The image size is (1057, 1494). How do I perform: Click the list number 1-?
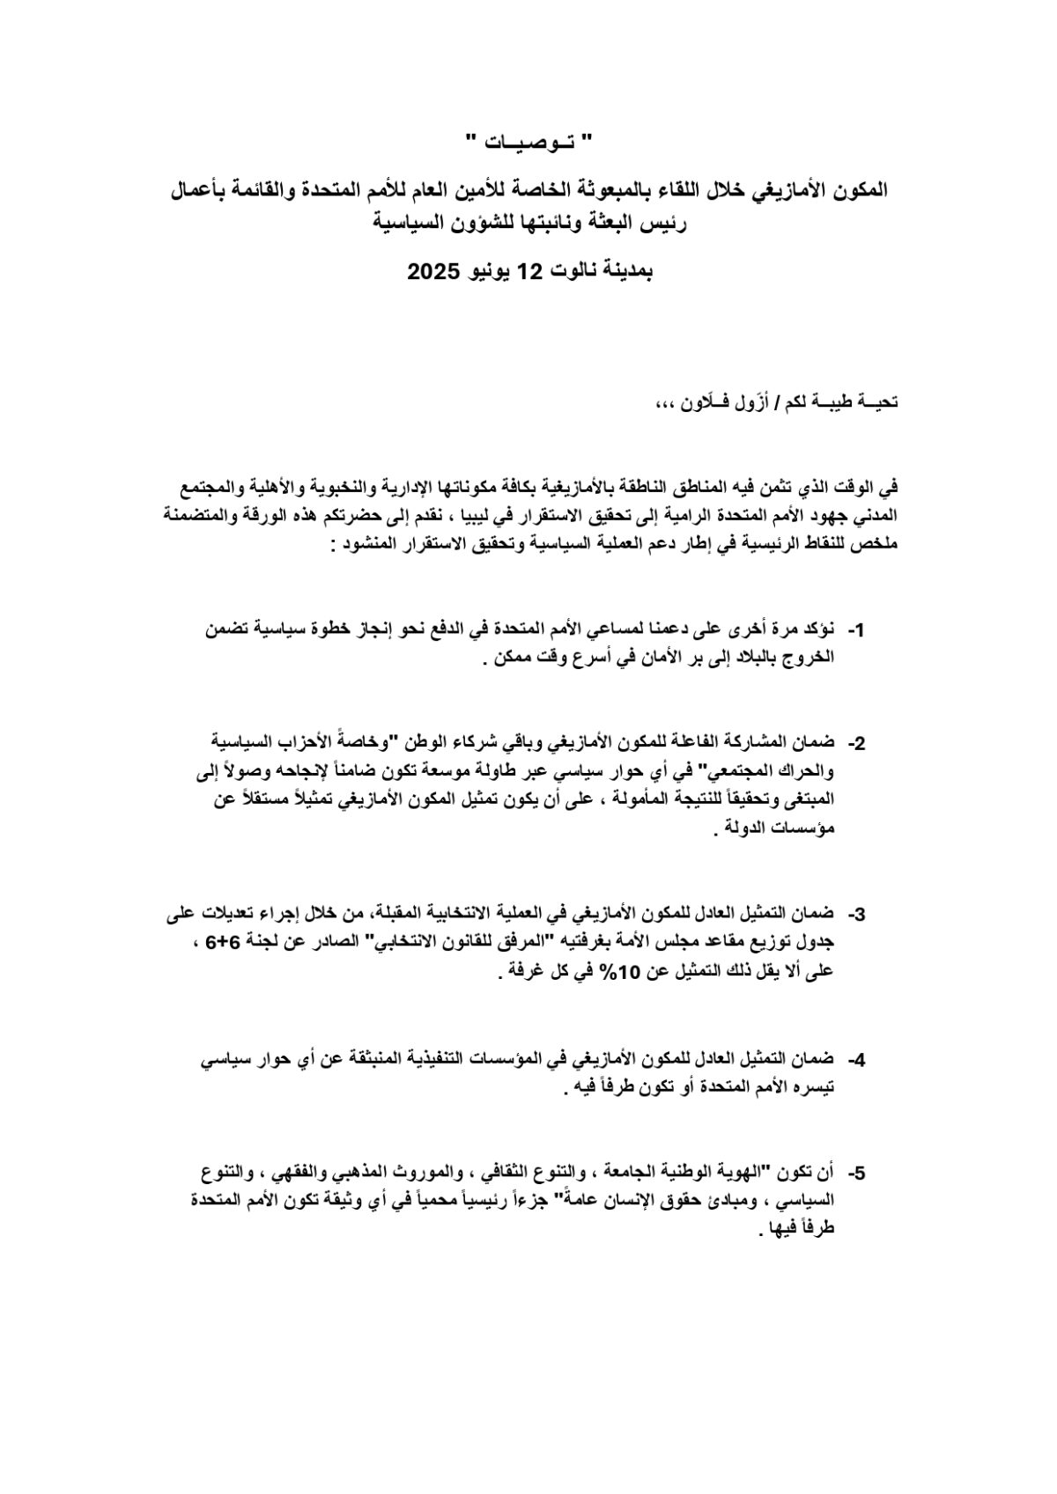point(855,631)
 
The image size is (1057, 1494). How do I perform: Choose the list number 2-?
point(855,744)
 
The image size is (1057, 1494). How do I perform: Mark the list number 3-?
point(855,915)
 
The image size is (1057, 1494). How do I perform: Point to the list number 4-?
point(855,1060)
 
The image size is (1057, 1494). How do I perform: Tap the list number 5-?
point(855,1174)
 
